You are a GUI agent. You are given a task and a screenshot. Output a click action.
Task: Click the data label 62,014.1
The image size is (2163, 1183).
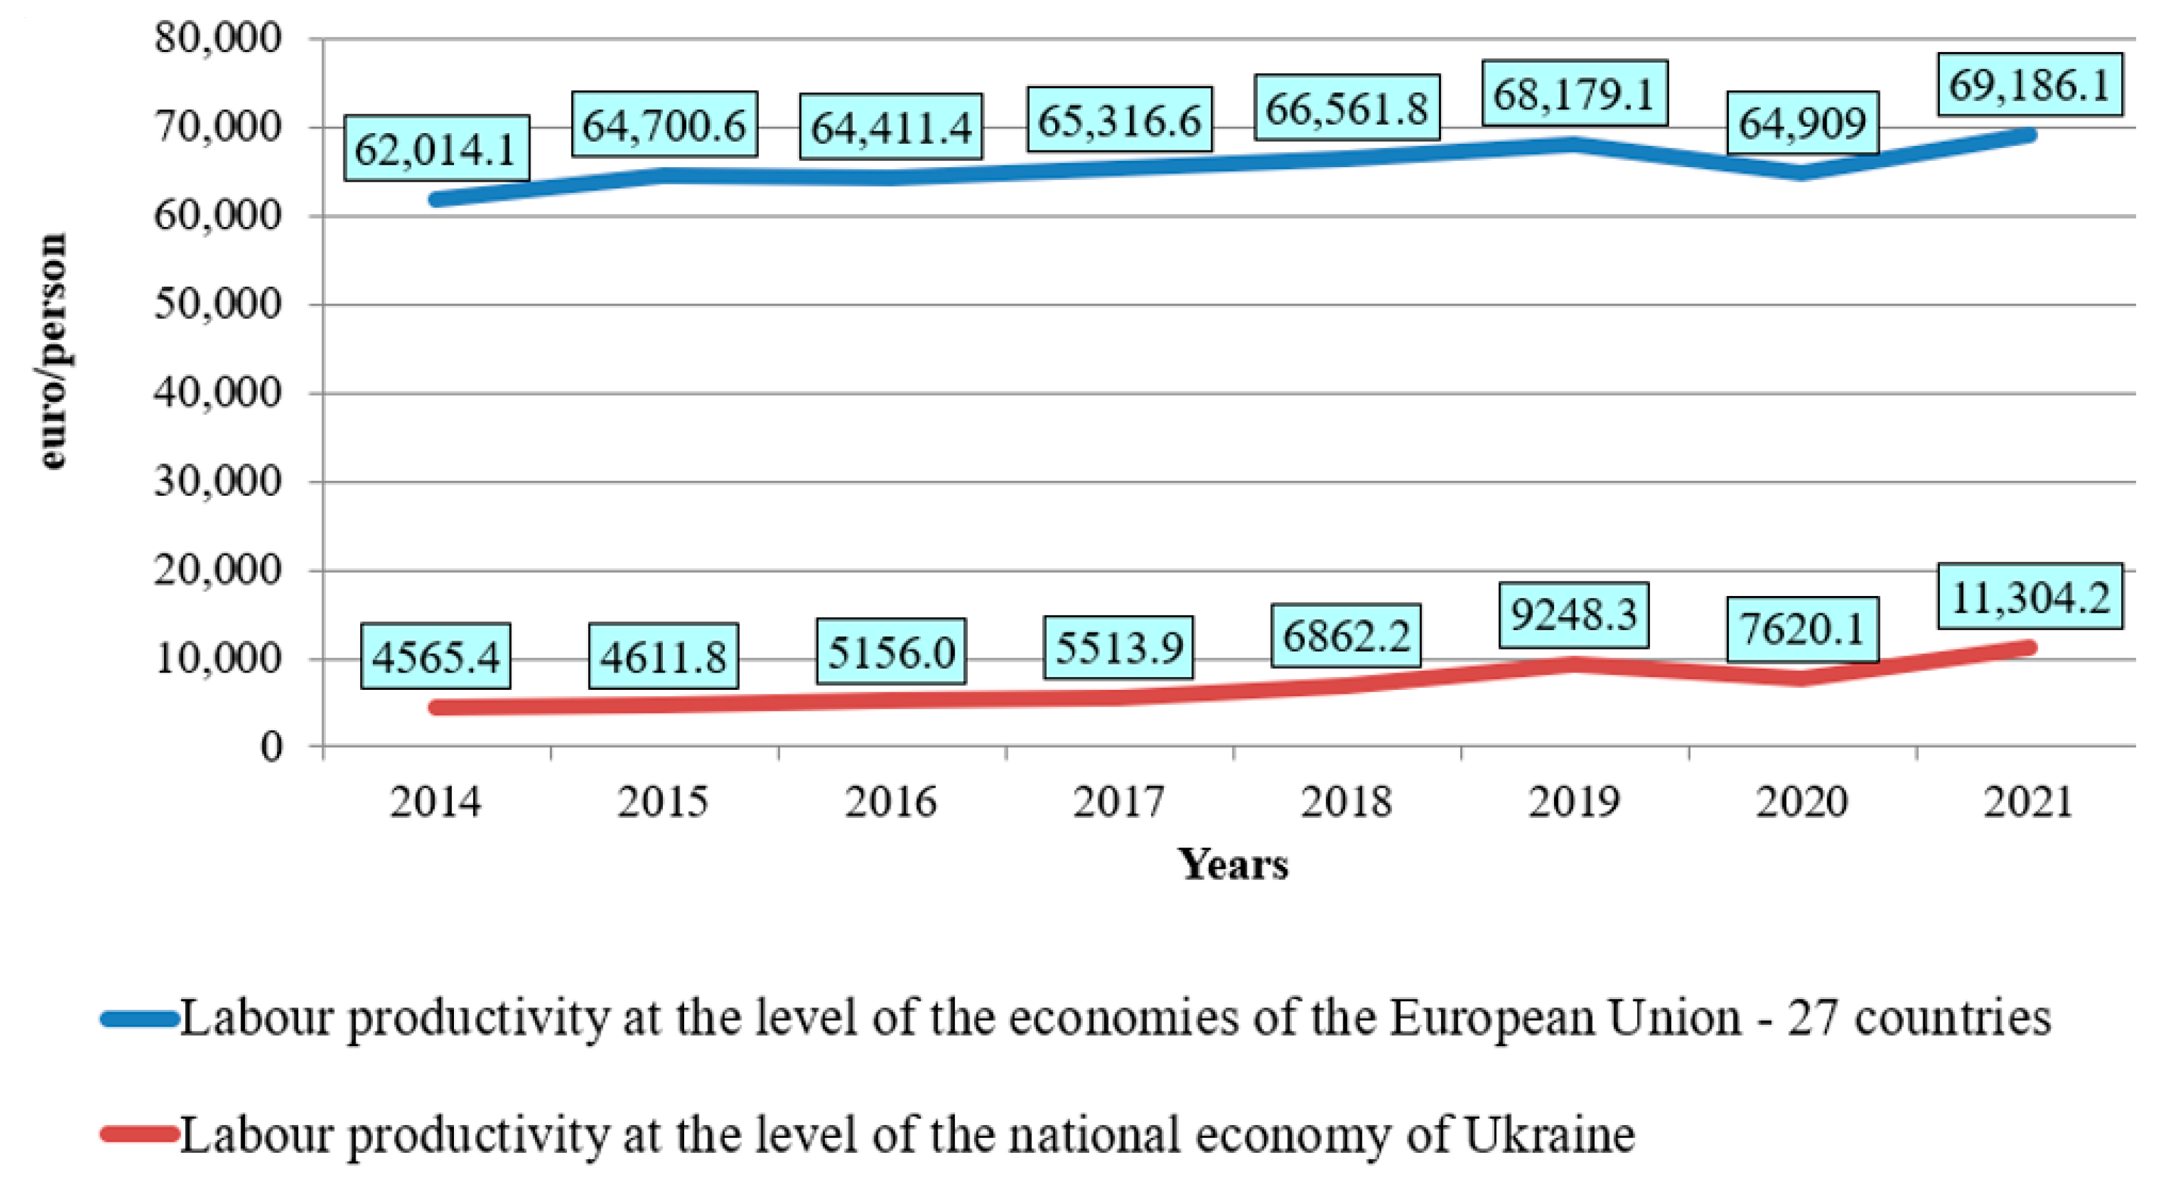(x=436, y=149)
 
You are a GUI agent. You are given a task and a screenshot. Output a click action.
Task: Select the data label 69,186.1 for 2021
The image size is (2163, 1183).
(x=2029, y=85)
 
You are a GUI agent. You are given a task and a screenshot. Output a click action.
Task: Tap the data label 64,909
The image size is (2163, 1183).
(x=1802, y=123)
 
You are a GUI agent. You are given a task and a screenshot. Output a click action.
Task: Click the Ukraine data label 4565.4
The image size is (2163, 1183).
(x=436, y=656)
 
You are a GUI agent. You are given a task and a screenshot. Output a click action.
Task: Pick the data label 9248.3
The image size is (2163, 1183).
(x=1573, y=615)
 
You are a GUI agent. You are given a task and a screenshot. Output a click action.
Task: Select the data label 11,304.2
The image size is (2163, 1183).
(x=2029, y=596)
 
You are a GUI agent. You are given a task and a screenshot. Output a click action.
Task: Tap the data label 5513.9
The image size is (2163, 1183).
(x=1118, y=647)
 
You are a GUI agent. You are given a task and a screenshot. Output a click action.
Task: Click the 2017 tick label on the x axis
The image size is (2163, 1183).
(x=1118, y=801)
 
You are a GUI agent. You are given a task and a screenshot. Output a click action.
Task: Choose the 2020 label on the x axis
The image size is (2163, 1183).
(x=1802, y=801)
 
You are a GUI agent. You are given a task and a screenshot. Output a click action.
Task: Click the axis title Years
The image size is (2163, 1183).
(x=1232, y=865)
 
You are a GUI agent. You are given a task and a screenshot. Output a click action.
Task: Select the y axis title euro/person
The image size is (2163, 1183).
(x=52, y=351)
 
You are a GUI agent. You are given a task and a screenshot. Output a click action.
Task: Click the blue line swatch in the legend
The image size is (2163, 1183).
(x=140, y=1019)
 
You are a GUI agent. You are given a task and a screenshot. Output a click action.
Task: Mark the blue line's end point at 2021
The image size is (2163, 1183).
(x=2029, y=135)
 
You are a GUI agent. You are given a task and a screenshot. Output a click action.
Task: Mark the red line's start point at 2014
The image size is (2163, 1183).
(x=436, y=707)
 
